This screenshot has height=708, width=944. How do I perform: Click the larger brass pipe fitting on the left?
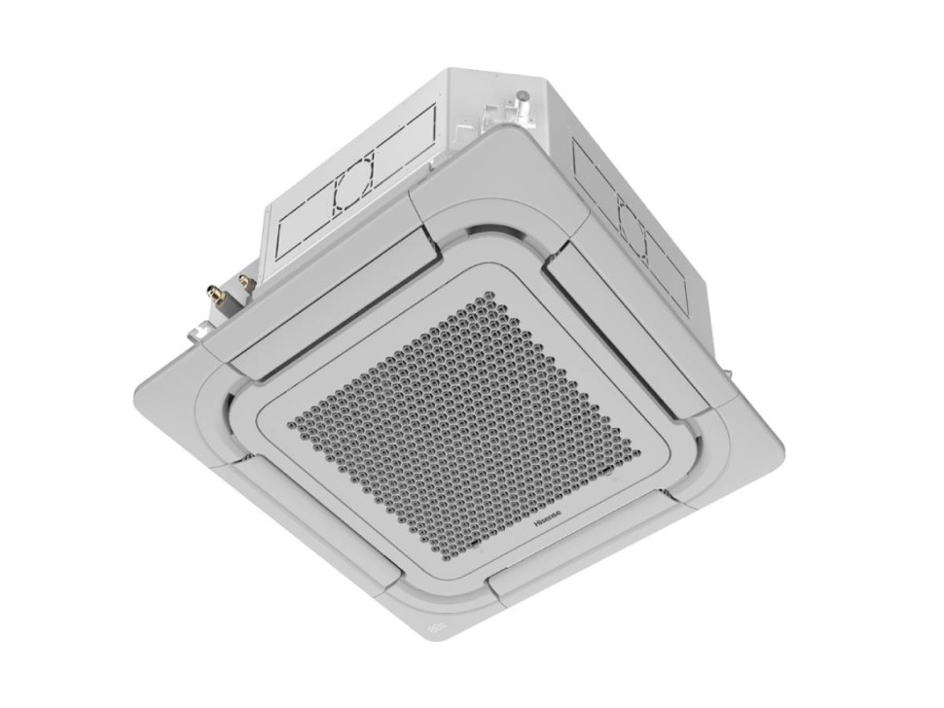[x=214, y=292]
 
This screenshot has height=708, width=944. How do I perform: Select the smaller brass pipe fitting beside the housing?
[x=245, y=283]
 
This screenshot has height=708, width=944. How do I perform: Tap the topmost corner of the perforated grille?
[x=491, y=294]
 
